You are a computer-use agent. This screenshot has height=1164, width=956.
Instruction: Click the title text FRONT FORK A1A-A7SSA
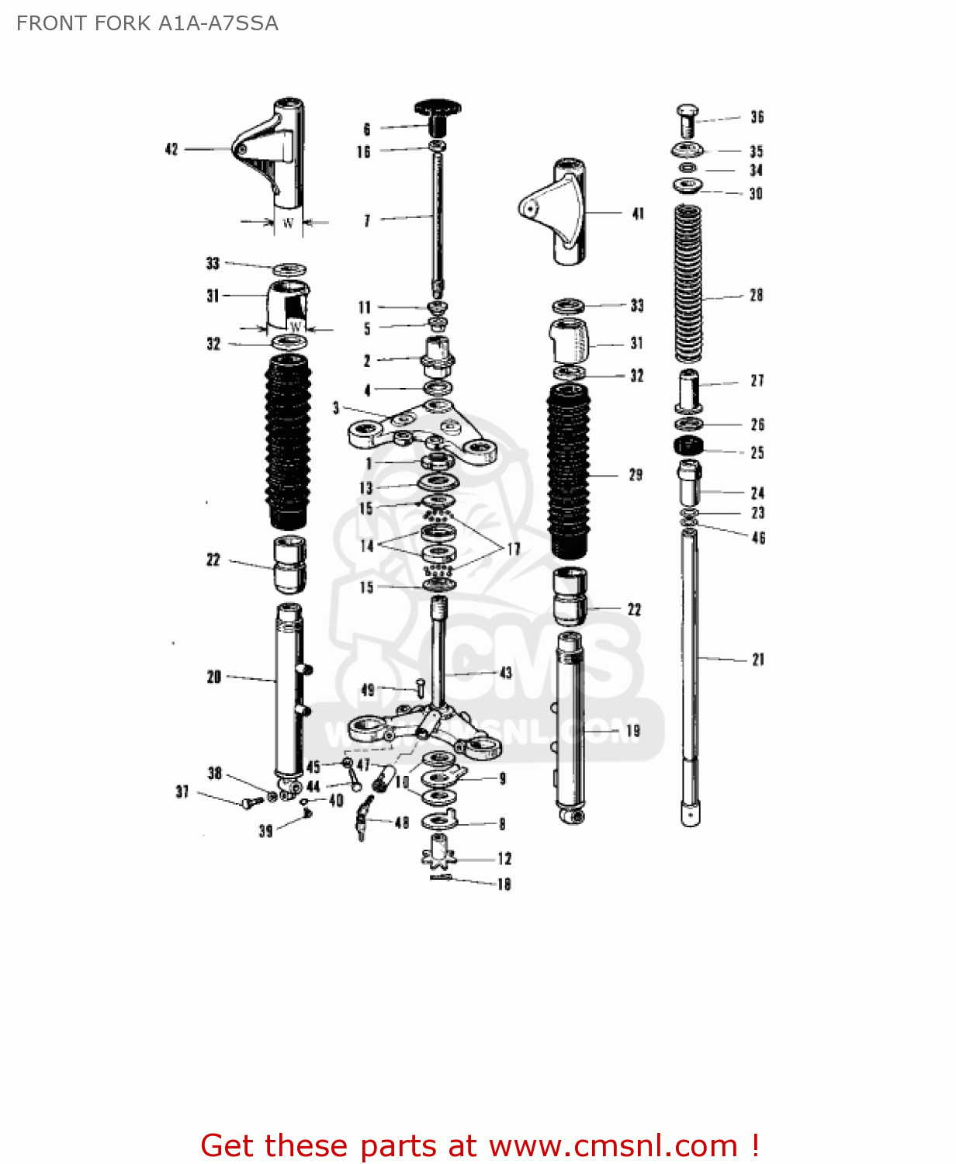coord(147,23)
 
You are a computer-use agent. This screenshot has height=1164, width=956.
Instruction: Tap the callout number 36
coord(757,117)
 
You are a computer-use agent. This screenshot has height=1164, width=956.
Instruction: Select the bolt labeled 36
coord(687,121)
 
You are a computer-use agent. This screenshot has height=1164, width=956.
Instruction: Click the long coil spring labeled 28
coord(688,284)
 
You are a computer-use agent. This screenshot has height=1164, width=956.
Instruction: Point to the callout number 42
coord(171,149)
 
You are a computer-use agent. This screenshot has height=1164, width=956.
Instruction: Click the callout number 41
coord(638,213)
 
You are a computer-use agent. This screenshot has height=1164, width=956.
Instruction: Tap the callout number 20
coord(214,677)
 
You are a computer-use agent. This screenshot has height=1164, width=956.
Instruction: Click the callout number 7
coord(367,221)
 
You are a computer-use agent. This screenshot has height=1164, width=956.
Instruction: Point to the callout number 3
coord(336,408)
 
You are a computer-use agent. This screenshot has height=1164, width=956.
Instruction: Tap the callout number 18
coord(504,884)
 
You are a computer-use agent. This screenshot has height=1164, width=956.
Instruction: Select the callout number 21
coord(758,660)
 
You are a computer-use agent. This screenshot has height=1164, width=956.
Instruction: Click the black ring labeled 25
coord(688,445)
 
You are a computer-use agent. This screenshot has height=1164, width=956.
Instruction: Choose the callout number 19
coord(633,730)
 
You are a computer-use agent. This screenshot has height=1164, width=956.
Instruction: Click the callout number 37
coord(182,792)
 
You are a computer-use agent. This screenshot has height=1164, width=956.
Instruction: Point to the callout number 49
coord(368,690)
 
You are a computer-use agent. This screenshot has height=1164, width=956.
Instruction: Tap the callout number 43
coord(506,673)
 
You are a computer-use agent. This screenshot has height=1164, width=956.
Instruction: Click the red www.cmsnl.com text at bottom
coord(613,1145)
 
